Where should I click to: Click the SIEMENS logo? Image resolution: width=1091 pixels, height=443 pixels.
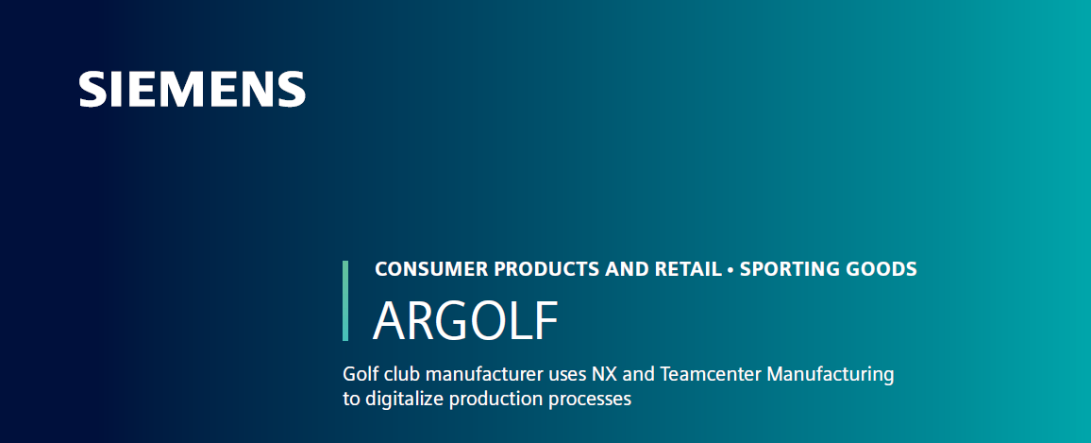(x=193, y=90)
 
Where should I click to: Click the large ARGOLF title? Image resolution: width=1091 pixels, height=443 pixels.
(x=465, y=322)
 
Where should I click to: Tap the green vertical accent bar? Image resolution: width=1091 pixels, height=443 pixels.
(x=345, y=300)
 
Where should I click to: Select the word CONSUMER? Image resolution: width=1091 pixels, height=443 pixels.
(x=421, y=269)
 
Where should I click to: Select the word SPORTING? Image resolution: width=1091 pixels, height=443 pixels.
(x=780, y=269)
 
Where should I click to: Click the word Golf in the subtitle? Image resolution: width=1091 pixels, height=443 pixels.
(x=360, y=374)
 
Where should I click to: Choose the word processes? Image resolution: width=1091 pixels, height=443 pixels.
(x=590, y=400)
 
